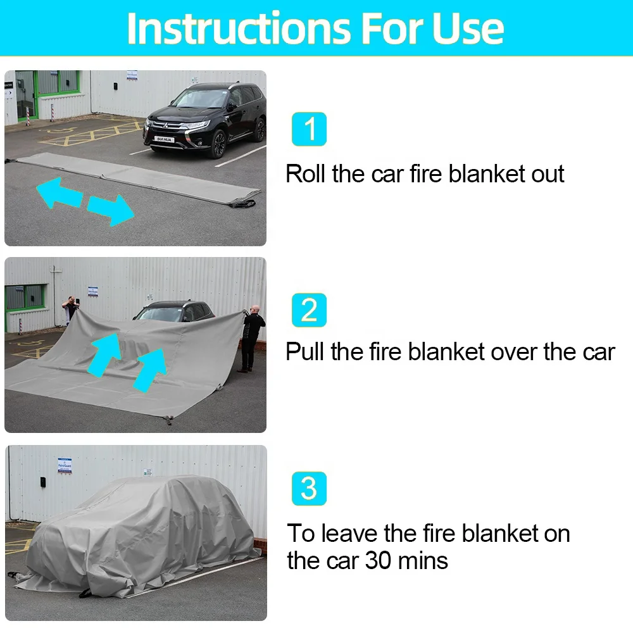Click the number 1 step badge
[310, 129]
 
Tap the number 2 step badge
[310, 310]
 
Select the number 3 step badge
[310, 489]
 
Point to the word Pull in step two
[306, 352]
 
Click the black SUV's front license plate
[164, 139]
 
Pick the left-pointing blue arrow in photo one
[60, 192]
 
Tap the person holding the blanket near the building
[71, 309]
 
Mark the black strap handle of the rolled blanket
[244, 203]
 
